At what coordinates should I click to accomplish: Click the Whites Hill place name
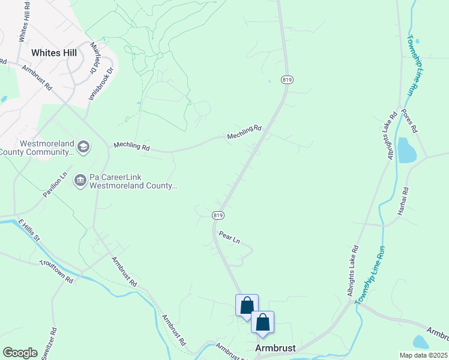(x=54, y=53)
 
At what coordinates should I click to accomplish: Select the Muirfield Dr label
(x=94, y=58)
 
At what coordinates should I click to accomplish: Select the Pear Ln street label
(x=229, y=237)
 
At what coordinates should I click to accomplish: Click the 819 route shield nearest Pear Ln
(x=218, y=215)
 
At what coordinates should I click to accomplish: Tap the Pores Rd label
(x=409, y=121)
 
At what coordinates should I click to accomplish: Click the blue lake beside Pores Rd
(x=406, y=149)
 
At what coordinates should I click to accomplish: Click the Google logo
(x=20, y=352)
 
